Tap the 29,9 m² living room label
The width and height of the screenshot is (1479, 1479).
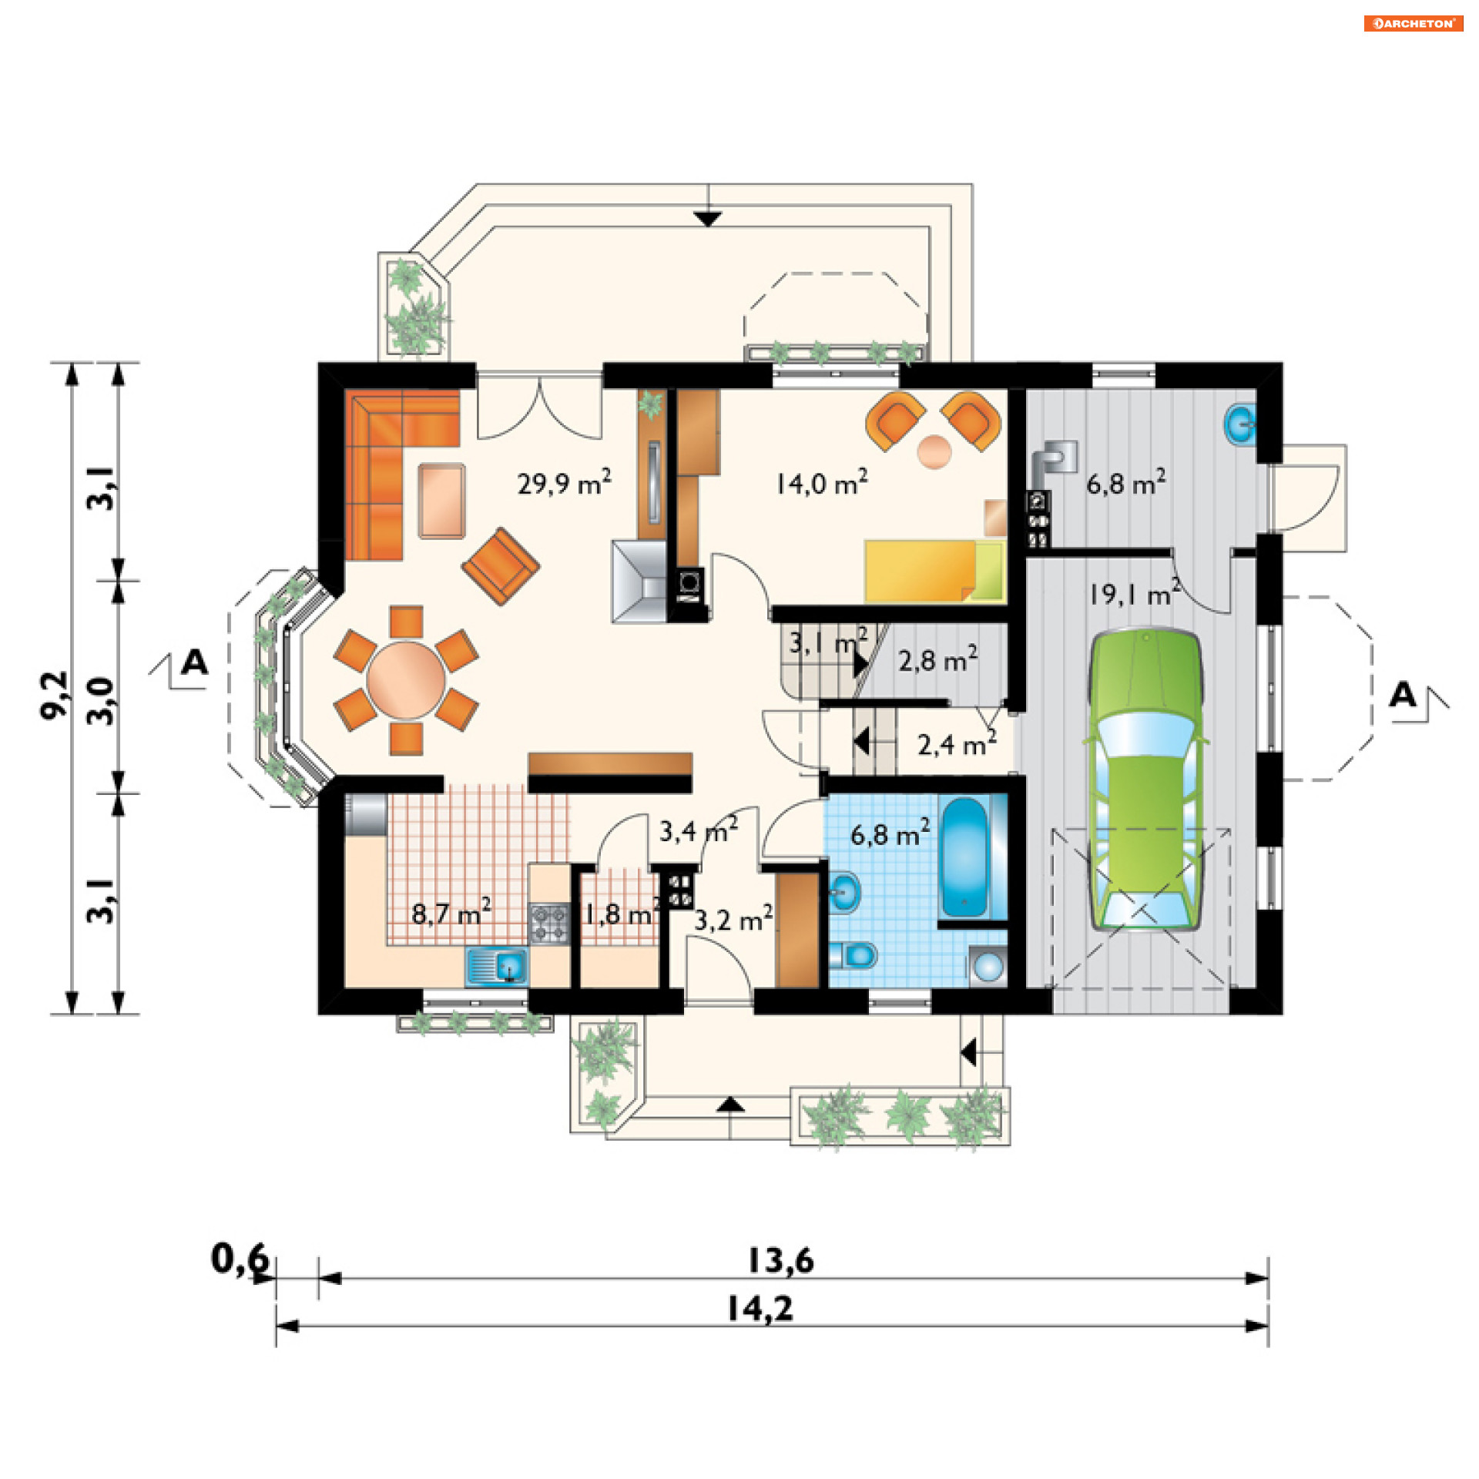click(564, 483)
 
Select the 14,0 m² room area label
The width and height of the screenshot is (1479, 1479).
click(821, 483)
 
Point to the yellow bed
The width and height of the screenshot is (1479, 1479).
click(934, 571)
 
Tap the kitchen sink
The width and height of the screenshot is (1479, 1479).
click(497, 966)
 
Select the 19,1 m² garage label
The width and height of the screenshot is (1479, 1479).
click(1134, 594)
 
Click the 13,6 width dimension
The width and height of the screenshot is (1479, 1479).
click(780, 1260)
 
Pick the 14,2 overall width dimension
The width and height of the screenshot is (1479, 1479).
click(760, 1308)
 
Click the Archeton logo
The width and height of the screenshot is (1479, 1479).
click(1413, 23)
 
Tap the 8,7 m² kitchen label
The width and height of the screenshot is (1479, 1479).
click(451, 914)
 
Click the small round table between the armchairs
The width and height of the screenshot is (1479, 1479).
click(934, 451)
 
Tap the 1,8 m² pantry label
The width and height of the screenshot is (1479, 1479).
click(621, 914)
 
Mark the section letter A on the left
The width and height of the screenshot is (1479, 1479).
click(195, 662)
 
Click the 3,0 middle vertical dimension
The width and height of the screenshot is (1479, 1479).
click(101, 700)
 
